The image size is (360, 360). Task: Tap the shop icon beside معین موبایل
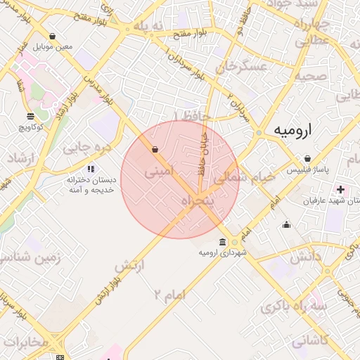[53, 36]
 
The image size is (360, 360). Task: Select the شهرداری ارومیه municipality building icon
[223, 242]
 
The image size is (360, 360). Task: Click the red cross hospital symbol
[341, 189]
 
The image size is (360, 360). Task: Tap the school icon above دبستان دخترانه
[90, 169]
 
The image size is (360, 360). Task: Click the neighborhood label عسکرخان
[243, 67]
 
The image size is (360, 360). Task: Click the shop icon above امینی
[154, 149]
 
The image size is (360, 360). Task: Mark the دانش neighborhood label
[323, 256]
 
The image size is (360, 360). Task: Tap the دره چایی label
[86, 148]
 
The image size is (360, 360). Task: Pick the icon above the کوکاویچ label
[30, 116]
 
